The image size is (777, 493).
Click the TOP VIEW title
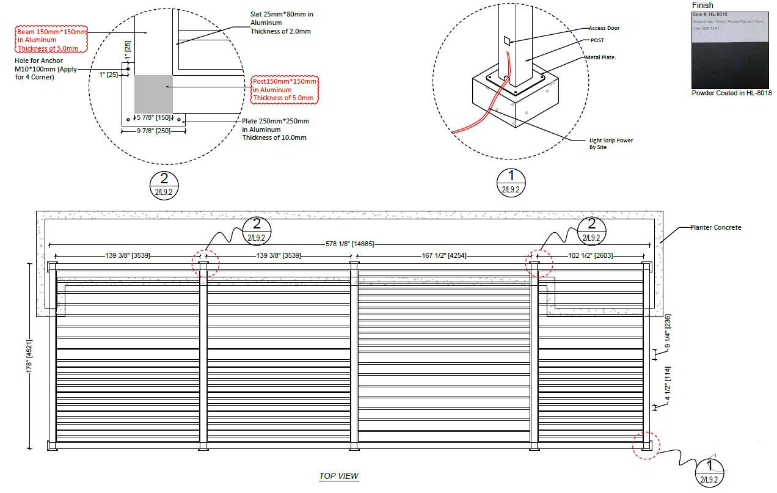point(338,476)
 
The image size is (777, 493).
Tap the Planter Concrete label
point(715,227)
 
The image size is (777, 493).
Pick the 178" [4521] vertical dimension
point(29,357)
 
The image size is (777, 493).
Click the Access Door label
point(604,28)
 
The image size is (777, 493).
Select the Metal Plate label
point(603,57)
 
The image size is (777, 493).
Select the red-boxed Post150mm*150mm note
point(285,89)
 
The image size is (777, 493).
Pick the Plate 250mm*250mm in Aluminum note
point(275,129)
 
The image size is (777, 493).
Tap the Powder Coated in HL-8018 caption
point(731,93)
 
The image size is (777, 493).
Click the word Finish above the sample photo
point(702,5)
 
